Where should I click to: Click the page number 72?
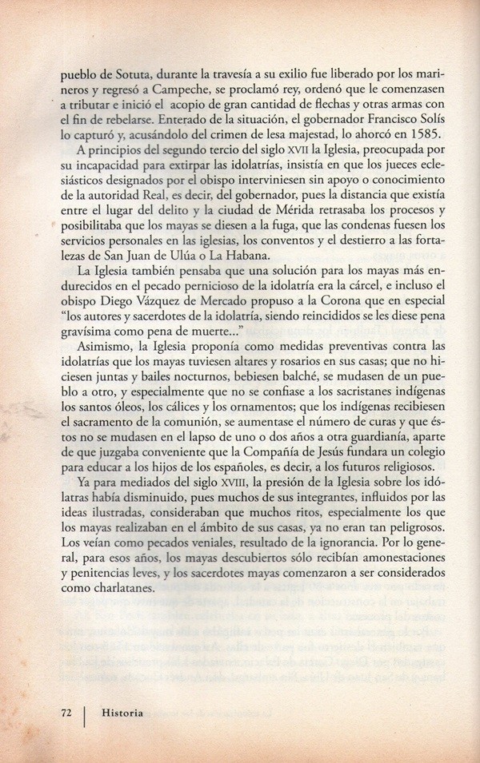click(67, 713)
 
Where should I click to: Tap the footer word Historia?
click(122, 713)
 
